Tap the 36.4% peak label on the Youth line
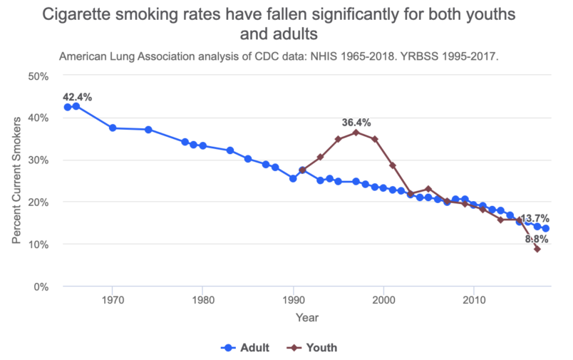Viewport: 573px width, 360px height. pyautogui.click(x=356, y=123)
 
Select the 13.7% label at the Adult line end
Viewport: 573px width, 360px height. pyautogui.click(x=535, y=218)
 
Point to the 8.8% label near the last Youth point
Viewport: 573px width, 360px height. pyautogui.click(x=537, y=240)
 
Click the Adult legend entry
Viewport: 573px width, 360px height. pyautogui.click(x=245, y=348)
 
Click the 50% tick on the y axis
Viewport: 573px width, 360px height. pyautogui.click(x=37, y=76)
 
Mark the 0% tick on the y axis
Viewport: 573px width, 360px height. pyautogui.click(x=40, y=287)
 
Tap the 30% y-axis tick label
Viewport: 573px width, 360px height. pyautogui.click(x=37, y=160)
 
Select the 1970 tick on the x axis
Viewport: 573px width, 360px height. pyautogui.click(x=112, y=299)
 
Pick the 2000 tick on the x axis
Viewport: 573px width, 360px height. pyautogui.click(x=383, y=299)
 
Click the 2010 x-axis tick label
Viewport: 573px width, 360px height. pyautogui.click(x=474, y=299)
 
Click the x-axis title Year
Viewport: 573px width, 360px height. pyautogui.click(x=307, y=317)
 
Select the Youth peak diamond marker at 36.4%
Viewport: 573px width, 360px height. pyautogui.click(x=356, y=133)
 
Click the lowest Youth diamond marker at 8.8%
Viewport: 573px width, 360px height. pyautogui.click(x=537, y=249)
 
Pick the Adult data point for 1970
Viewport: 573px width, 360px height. pyautogui.click(x=113, y=128)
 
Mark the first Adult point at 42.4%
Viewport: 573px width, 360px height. pyautogui.click(x=67, y=107)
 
